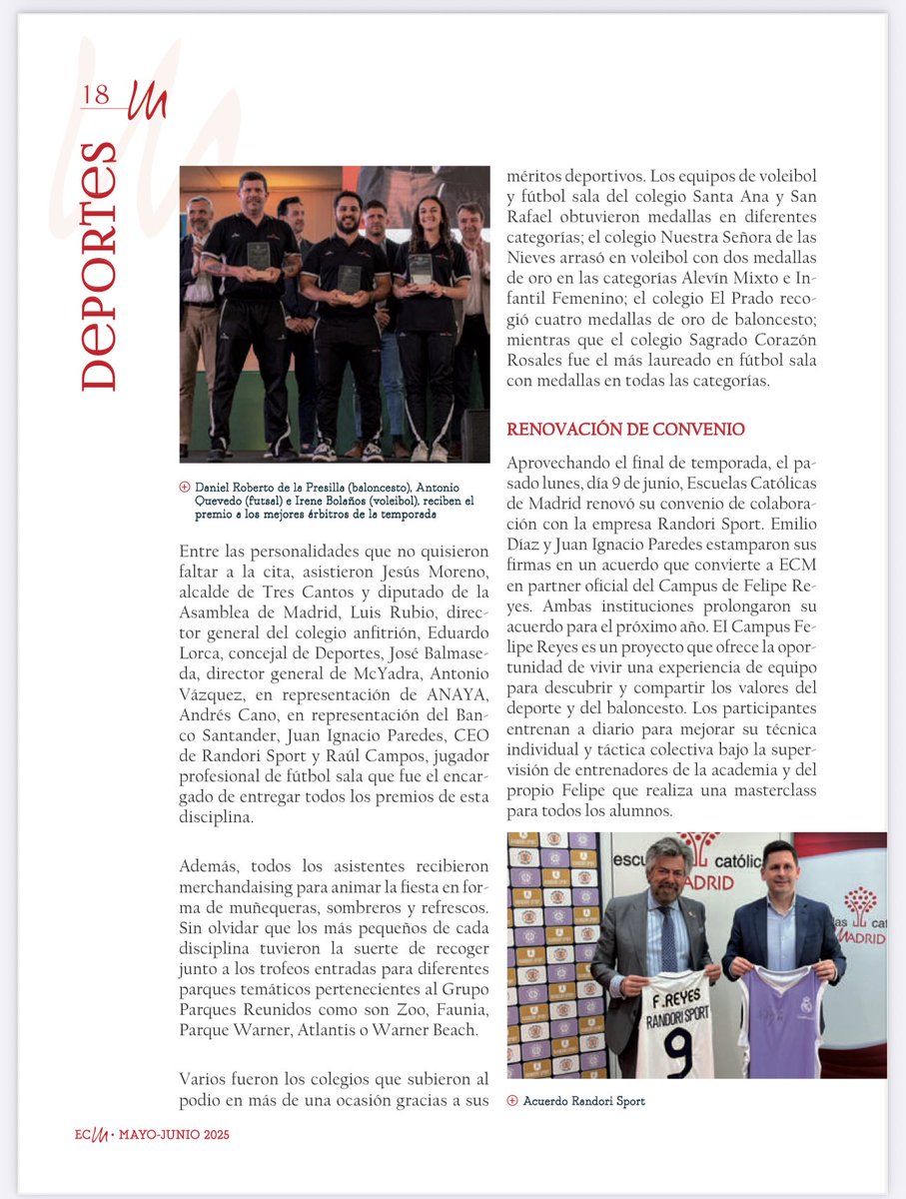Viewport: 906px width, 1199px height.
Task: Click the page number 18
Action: click(x=96, y=95)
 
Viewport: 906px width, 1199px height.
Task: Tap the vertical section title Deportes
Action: click(x=99, y=266)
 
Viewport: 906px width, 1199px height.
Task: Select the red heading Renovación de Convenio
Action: click(x=625, y=429)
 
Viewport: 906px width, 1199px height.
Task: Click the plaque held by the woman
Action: click(x=421, y=267)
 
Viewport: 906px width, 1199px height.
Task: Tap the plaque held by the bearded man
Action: click(x=349, y=279)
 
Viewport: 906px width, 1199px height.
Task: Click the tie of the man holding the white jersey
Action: click(x=666, y=939)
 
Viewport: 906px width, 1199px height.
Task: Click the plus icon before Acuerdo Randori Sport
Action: click(x=512, y=1100)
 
